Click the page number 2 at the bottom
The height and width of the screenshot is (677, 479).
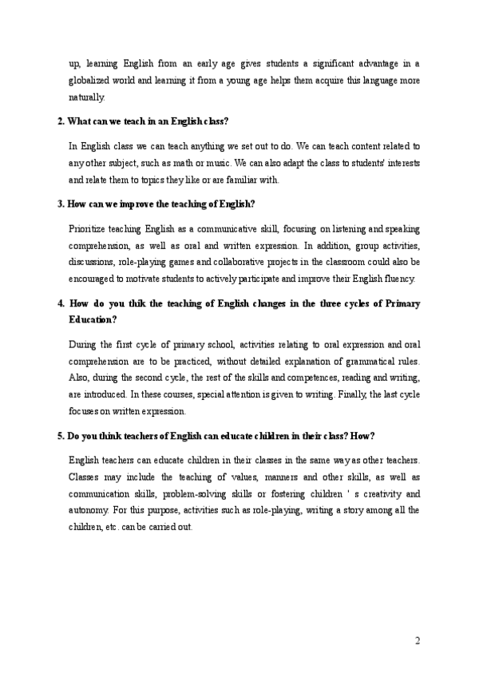tap(417, 641)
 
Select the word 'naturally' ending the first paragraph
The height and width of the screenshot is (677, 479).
tap(86, 97)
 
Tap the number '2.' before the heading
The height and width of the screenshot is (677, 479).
tap(61, 121)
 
